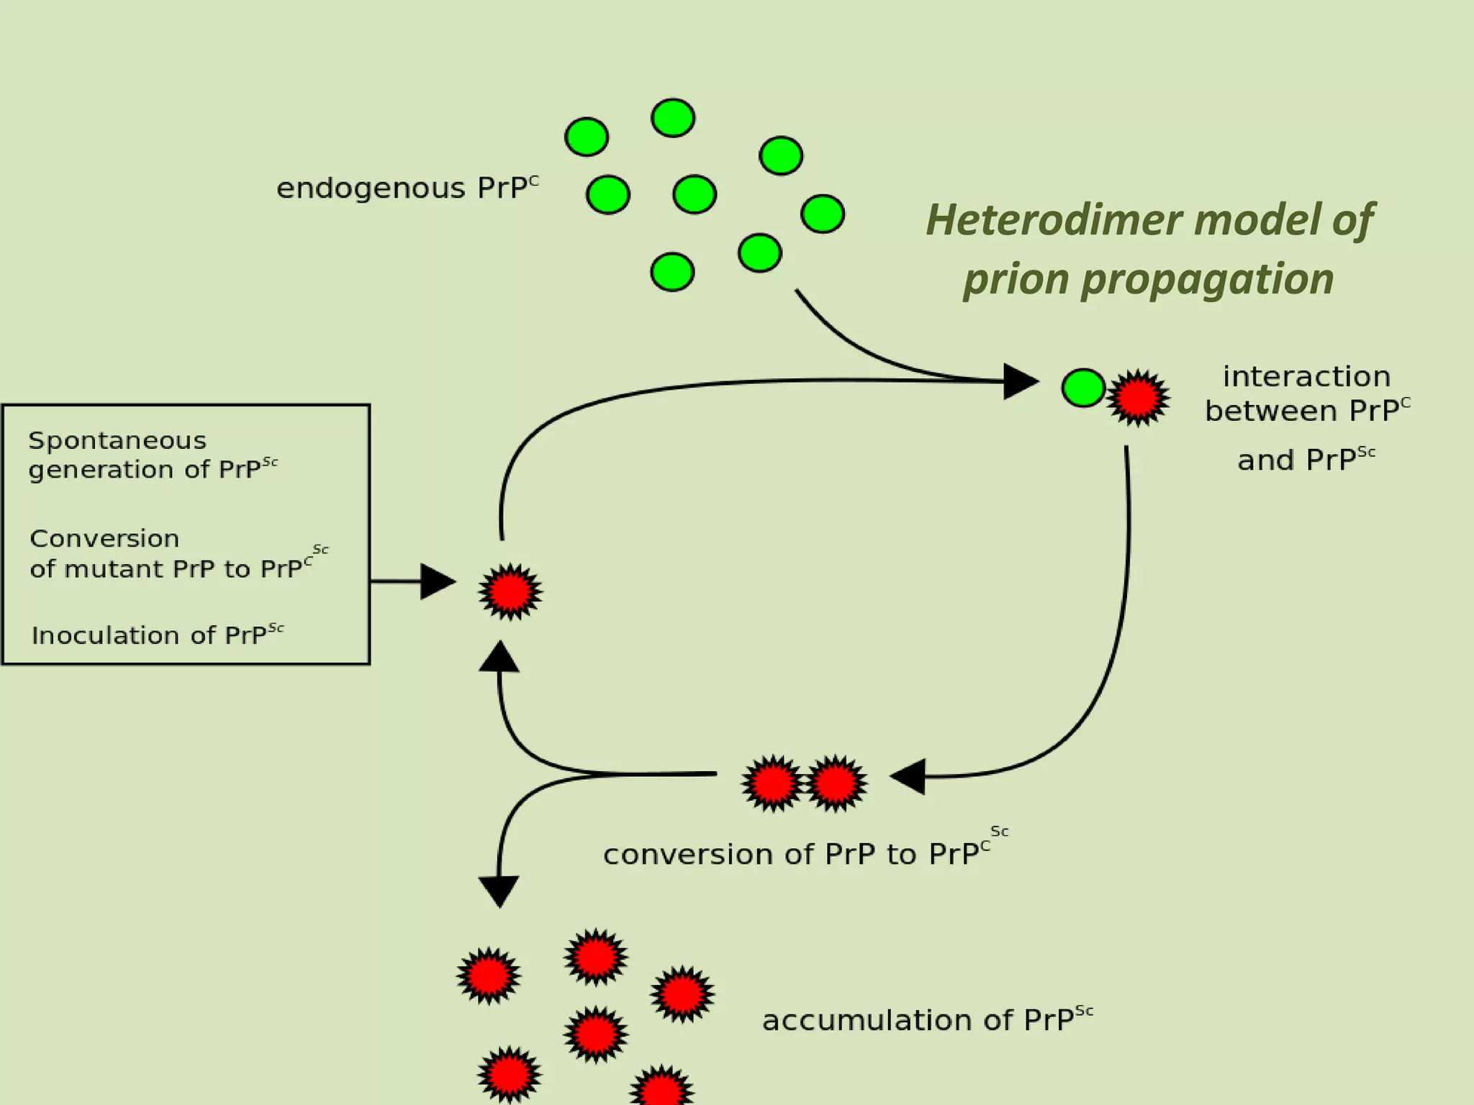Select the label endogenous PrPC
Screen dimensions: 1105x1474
(407, 188)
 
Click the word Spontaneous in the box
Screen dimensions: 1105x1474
(117, 440)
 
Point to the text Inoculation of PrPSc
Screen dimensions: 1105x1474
(157, 635)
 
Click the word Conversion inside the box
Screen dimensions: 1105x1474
(104, 538)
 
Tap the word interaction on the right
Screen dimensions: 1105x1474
(1306, 376)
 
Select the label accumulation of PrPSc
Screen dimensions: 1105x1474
(927, 1019)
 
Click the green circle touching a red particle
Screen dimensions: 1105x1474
(1083, 388)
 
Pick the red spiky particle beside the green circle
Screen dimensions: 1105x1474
(1138, 397)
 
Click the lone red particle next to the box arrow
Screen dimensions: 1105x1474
(510, 591)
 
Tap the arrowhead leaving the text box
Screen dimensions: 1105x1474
(436, 581)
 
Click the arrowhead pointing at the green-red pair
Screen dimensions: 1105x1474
(1019, 381)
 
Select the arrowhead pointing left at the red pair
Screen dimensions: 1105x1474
(908, 776)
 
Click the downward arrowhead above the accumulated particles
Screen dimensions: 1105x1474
(499, 890)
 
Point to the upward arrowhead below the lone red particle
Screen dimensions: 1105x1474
(499, 658)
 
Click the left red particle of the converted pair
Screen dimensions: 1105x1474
(772, 783)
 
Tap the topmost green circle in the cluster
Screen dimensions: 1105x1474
(672, 118)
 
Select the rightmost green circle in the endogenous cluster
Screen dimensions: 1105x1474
(822, 214)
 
